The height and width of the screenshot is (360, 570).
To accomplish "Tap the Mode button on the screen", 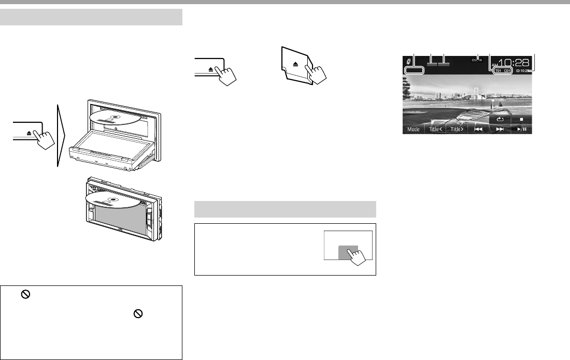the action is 414,129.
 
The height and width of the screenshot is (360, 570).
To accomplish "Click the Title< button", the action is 435,129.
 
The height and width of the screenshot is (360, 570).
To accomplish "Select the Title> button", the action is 457,129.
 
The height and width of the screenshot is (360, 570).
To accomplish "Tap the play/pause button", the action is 521,129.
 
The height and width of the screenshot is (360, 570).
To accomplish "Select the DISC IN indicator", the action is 477,61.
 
